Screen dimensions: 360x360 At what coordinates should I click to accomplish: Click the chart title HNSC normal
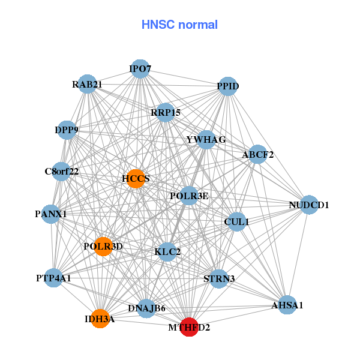(179, 25)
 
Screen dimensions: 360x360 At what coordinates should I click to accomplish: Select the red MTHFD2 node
(190, 327)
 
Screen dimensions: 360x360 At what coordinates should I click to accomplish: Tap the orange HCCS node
(136, 178)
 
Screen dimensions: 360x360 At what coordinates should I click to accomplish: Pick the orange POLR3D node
(103, 246)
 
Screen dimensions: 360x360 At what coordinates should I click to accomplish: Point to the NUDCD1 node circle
(308, 205)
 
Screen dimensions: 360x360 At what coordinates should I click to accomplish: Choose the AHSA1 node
(287, 305)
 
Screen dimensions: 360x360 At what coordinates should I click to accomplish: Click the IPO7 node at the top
(140, 69)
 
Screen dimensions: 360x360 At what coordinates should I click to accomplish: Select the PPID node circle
(228, 86)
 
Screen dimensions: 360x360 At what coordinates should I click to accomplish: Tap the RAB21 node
(88, 85)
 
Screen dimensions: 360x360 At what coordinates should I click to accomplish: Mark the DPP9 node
(67, 130)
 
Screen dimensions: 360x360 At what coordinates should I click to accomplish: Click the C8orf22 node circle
(61, 172)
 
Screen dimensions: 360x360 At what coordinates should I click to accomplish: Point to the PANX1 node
(51, 214)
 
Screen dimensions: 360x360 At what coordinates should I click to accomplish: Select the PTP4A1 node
(53, 278)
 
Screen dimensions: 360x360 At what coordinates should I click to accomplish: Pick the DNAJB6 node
(146, 308)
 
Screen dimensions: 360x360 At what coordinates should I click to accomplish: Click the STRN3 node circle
(219, 278)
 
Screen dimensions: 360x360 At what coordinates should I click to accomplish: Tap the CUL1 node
(236, 221)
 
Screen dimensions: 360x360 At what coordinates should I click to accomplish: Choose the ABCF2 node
(257, 155)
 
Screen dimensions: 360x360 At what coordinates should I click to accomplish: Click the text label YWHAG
(206, 140)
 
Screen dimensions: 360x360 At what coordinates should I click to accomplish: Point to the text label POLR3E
(189, 196)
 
